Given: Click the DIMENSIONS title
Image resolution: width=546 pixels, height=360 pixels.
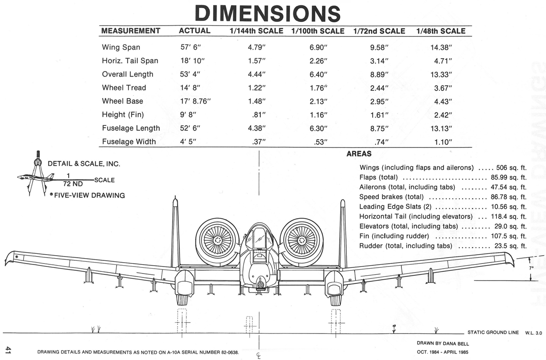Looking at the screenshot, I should (x=267, y=13).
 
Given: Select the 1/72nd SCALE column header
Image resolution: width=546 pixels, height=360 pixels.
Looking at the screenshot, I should (x=379, y=31).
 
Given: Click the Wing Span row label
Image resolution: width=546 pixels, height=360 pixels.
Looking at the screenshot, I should (x=121, y=47).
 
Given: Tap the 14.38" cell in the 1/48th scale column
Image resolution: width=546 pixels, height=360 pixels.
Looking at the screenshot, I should (x=441, y=47).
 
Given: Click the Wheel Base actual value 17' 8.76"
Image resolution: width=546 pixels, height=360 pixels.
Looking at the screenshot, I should (x=195, y=101).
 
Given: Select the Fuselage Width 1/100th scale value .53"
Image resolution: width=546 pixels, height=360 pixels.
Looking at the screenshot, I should (x=318, y=142).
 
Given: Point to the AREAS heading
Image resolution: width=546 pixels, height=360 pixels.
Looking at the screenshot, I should (x=359, y=154).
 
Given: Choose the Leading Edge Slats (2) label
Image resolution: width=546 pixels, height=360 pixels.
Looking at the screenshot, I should (x=395, y=207).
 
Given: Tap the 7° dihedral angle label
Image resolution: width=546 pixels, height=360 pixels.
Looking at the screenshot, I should (x=531, y=267).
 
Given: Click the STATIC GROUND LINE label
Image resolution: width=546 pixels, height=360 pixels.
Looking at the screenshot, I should (x=493, y=332).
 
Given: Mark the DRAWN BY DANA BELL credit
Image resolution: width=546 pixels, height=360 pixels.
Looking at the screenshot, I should (x=443, y=343).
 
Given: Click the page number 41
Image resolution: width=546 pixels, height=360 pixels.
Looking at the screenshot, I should (x=8, y=350).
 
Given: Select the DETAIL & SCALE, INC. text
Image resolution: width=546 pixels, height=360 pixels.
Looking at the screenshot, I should (x=83, y=164).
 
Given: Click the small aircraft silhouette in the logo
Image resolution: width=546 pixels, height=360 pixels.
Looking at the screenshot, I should (x=35, y=177).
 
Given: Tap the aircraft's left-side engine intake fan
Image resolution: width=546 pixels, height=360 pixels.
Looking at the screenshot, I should (x=217, y=241).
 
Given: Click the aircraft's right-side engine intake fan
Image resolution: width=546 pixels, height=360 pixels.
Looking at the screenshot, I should (x=301, y=241).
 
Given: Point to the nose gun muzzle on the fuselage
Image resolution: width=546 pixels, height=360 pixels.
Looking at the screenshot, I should (x=260, y=285).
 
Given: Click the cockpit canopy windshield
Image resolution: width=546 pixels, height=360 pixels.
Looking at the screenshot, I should (x=259, y=238).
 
